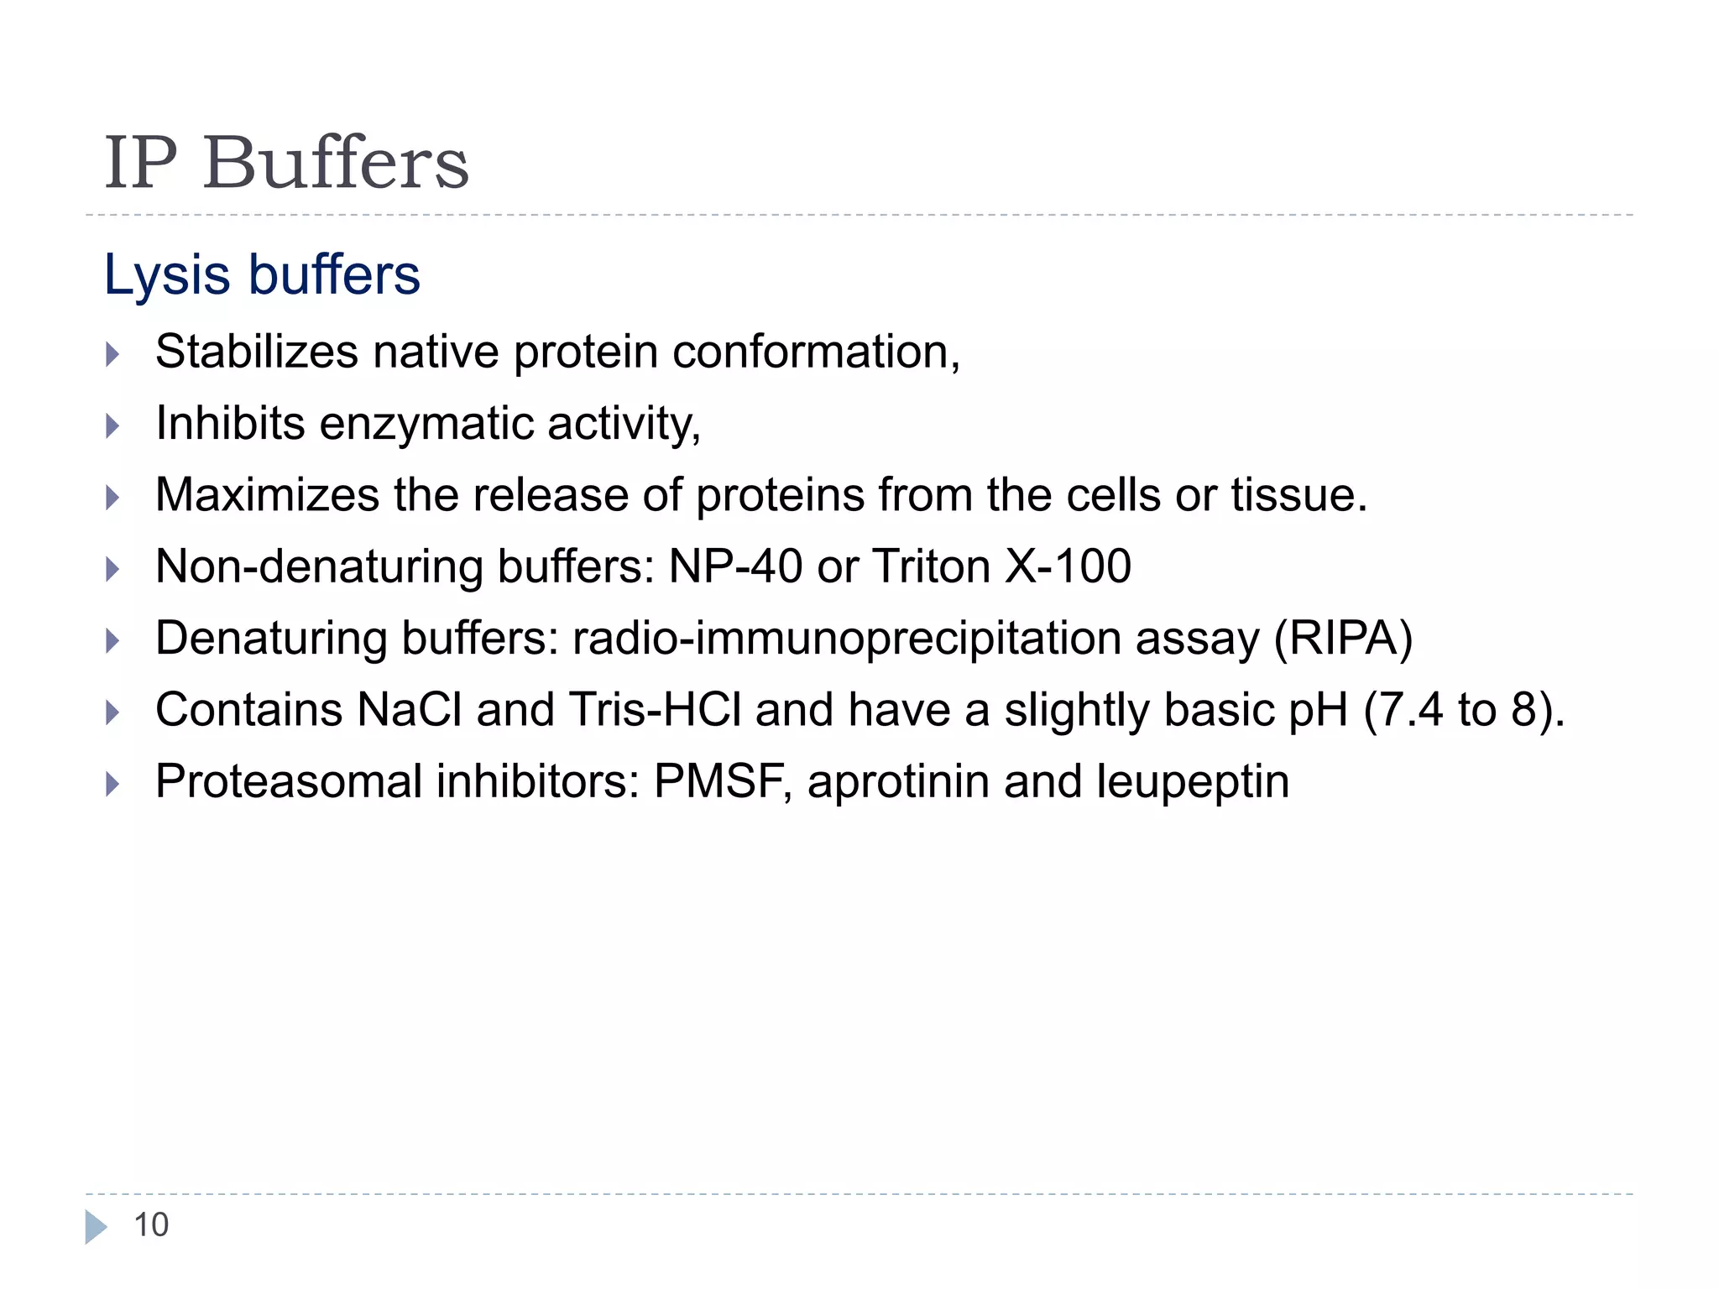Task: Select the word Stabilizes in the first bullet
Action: tap(257, 352)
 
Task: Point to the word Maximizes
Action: tap(267, 495)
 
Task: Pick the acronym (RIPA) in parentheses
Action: tap(1343, 639)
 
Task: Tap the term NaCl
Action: tap(410, 710)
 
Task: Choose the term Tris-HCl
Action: tap(655, 710)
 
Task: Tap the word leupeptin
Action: tap(1193, 782)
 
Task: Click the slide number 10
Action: tap(151, 1225)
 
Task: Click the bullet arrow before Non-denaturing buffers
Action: tap(113, 570)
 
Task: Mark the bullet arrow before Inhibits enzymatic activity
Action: tap(113, 426)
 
